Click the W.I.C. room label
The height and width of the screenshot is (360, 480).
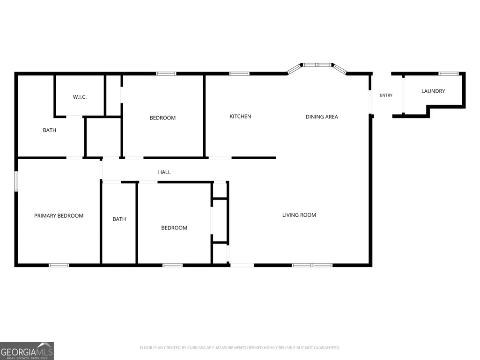[x=80, y=97]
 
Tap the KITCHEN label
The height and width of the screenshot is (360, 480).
[x=240, y=116]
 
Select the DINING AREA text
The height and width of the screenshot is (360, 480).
[x=322, y=117]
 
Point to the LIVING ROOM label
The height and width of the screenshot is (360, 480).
[x=299, y=215]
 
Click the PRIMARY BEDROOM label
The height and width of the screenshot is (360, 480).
[x=59, y=216]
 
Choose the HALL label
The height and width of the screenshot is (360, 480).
[x=164, y=172]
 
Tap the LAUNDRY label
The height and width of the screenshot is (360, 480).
[x=433, y=91]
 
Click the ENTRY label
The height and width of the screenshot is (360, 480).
[x=386, y=95]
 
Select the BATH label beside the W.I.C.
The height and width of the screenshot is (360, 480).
[x=49, y=130]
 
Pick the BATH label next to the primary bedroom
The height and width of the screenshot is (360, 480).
[x=119, y=219]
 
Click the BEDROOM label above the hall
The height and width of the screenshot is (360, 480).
[x=162, y=118]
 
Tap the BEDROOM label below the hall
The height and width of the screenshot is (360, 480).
[x=174, y=228]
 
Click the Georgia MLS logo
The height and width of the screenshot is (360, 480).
[x=27, y=351]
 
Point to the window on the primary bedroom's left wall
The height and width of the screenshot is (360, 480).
[x=16, y=182]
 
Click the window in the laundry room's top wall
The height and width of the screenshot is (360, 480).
[x=449, y=73]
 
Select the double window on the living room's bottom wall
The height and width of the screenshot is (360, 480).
[x=312, y=265]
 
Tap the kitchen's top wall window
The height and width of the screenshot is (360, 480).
[x=239, y=73]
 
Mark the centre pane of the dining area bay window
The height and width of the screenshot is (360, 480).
[x=317, y=65]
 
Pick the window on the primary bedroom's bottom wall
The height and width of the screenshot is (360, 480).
[x=59, y=265]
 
